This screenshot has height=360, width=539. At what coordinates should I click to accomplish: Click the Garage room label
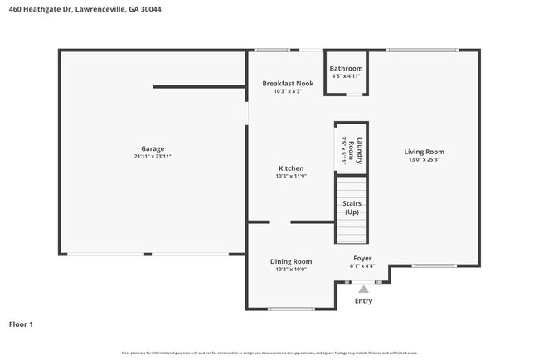pos(152,148)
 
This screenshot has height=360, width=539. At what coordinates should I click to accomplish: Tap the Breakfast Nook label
pos(288,84)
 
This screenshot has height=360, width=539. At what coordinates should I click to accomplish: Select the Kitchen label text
pos(290,168)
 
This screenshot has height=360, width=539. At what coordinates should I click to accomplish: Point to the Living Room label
pos(424,152)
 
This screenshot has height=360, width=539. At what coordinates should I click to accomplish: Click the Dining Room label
pos(291,261)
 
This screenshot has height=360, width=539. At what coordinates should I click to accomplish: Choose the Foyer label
pos(362,258)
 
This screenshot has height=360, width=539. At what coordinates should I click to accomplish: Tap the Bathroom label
pos(346,69)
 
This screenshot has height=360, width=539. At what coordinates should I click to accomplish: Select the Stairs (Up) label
pos(352,207)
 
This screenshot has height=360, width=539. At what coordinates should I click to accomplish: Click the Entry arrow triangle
pos(363,289)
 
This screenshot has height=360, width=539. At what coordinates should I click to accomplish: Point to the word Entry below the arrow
pos(363,301)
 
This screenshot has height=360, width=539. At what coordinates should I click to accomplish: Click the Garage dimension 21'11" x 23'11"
pos(152,156)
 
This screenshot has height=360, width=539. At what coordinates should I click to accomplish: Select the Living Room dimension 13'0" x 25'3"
pos(424,160)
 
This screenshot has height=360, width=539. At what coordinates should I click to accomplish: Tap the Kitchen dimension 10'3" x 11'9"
pos(290,176)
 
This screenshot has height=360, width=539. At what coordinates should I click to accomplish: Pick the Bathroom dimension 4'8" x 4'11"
pos(346,76)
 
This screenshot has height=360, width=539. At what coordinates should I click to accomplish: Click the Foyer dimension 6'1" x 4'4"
pos(362,266)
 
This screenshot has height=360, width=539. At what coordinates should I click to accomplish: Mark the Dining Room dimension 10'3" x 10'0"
pos(291,270)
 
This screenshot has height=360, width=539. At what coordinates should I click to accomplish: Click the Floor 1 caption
pos(21,324)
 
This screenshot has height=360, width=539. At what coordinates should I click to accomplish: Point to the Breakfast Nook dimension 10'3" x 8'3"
pos(288,91)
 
